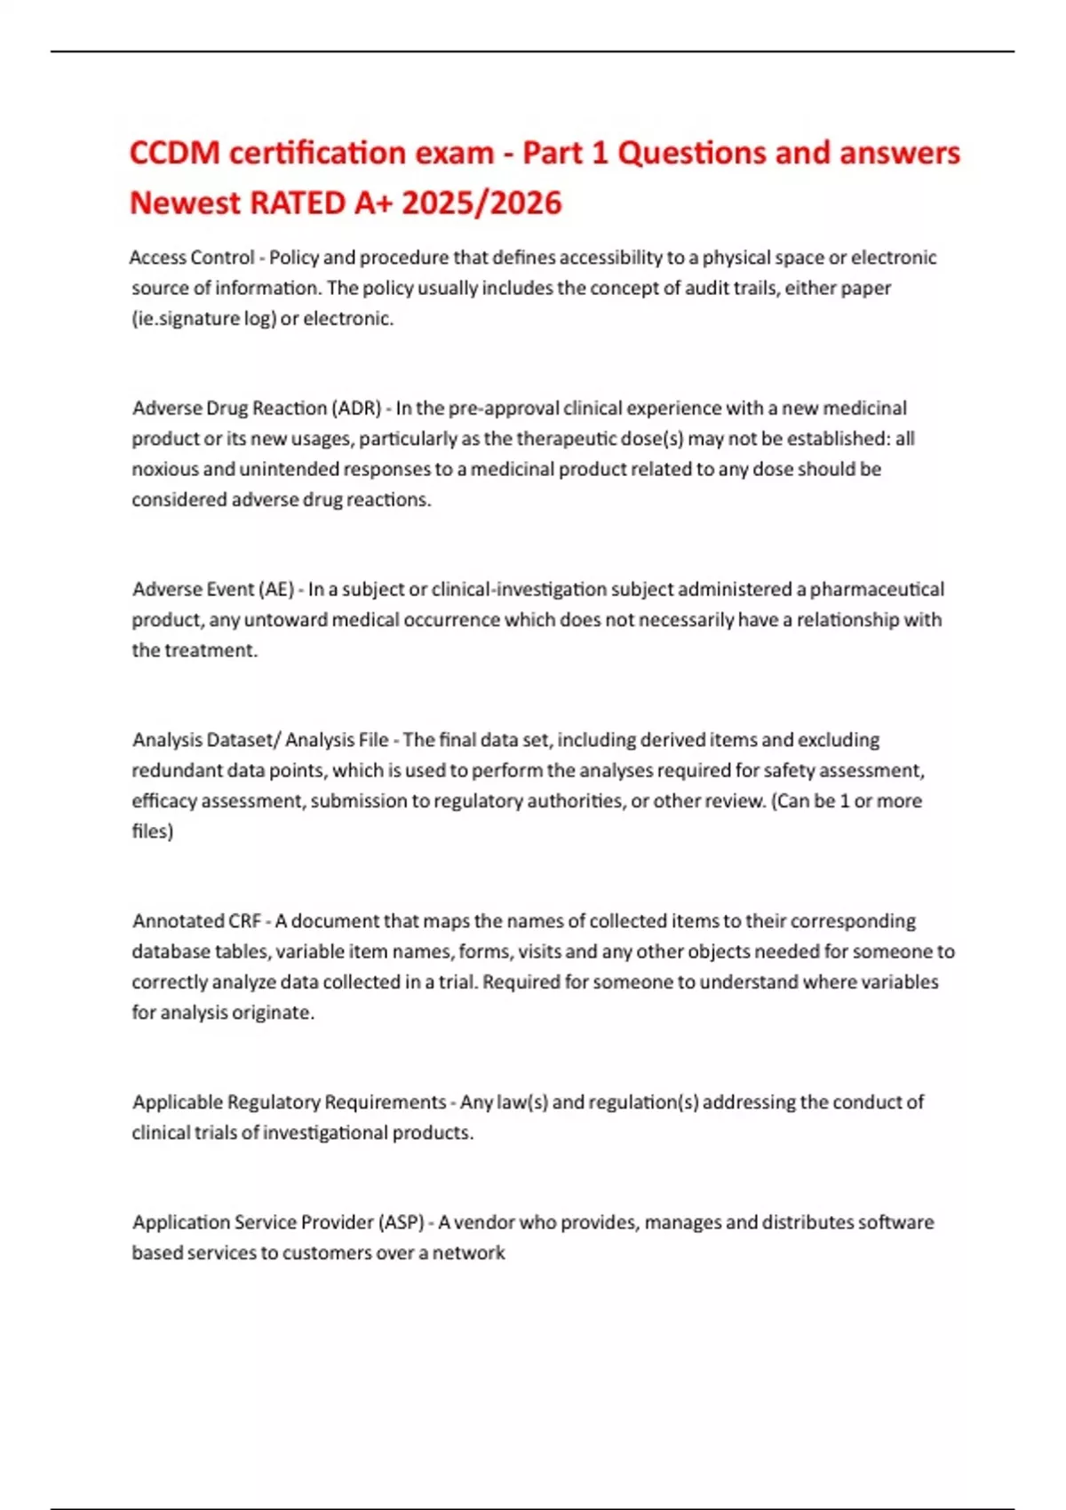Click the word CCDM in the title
point(174,153)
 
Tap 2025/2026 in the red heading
point(481,203)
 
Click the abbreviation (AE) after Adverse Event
point(275,590)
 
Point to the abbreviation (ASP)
point(402,1222)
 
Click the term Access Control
point(192,258)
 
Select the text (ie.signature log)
point(203,319)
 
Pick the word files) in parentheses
point(152,831)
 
